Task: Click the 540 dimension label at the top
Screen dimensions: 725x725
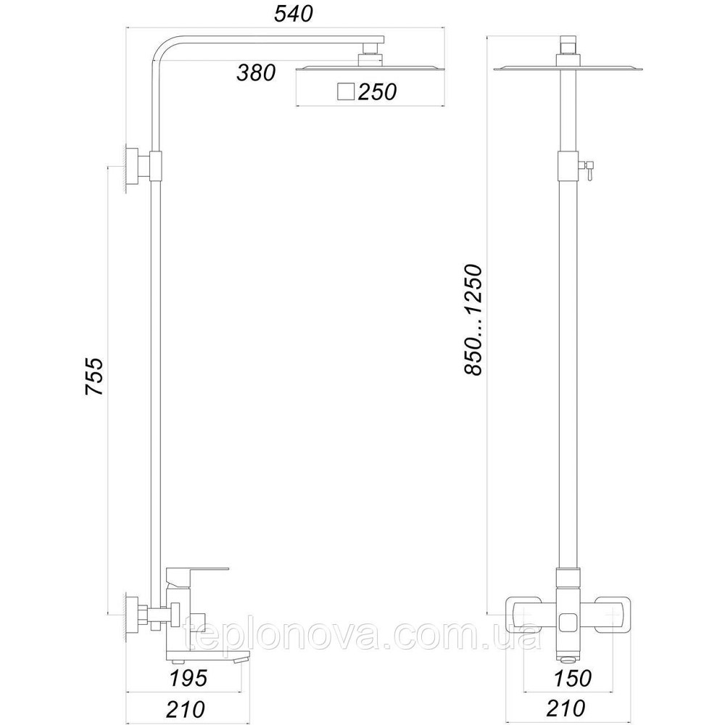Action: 294,14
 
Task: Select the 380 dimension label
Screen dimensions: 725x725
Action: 256,73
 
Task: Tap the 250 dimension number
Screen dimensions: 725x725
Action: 377,92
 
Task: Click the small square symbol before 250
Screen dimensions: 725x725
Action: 346,92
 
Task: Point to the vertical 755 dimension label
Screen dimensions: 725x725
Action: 95,376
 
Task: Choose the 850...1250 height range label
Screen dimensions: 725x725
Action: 473,320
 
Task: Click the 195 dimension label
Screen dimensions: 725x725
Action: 188,679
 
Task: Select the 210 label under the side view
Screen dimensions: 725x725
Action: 186,709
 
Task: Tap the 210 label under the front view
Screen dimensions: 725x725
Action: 566,709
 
